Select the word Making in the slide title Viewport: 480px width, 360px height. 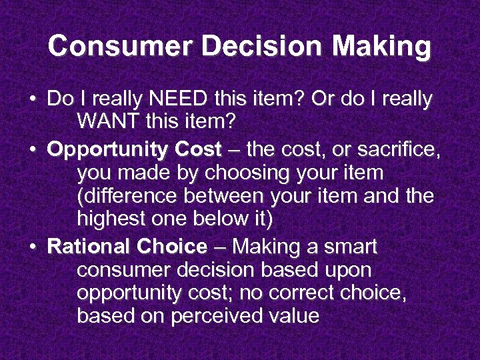coord(382,47)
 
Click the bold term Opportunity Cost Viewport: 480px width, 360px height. coord(134,150)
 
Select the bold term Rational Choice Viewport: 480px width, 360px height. coord(127,247)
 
